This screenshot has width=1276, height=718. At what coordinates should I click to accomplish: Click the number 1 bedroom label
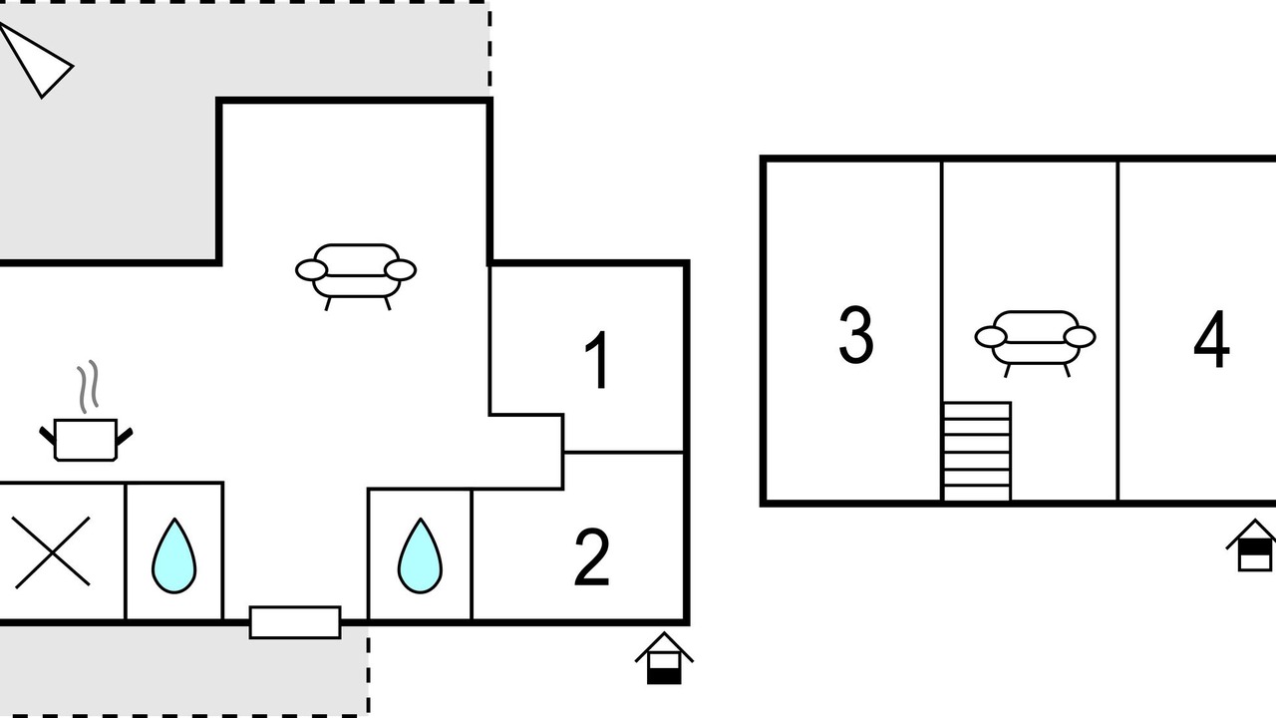tap(597, 360)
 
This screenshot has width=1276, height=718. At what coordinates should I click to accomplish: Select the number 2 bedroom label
tap(592, 557)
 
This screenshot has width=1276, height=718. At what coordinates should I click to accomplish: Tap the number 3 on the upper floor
tap(856, 334)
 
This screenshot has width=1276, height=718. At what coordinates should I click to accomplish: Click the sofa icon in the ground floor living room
tap(356, 277)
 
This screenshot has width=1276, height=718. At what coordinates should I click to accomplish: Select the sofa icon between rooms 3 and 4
tap(1035, 344)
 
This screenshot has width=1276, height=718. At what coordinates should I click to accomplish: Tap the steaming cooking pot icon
tap(86, 439)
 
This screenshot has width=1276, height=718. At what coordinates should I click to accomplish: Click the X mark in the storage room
tap(53, 552)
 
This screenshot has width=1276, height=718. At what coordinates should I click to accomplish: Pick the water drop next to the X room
tap(174, 555)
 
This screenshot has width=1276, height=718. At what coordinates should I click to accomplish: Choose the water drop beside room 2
tap(420, 555)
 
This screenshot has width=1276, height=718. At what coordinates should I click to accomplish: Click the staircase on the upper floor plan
tap(977, 452)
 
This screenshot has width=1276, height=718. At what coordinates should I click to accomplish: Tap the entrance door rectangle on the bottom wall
tap(295, 622)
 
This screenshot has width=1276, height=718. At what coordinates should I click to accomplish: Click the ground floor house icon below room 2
tap(664, 657)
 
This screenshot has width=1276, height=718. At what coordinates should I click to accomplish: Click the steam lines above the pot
tap(89, 386)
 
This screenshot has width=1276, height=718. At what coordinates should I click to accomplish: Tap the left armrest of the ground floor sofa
tap(312, 270)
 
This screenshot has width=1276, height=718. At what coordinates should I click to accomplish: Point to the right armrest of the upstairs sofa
tap(1080, 337)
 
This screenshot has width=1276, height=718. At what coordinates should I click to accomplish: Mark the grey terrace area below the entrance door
tap(183, 669)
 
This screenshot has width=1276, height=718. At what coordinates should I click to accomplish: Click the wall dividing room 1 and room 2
tap(624, 453)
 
